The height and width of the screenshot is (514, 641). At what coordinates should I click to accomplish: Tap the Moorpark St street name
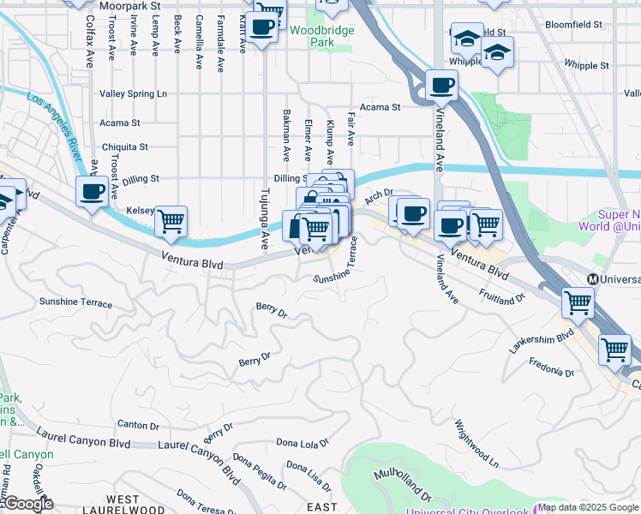(130, 5)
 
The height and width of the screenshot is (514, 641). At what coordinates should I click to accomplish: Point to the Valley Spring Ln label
(133, 93)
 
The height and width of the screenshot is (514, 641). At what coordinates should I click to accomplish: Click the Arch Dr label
(378, 197)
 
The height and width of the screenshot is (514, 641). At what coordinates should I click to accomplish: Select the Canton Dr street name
(138, 425)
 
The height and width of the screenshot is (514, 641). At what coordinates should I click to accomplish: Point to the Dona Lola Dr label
(303, 443)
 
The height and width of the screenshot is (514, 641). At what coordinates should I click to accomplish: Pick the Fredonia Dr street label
(552, 371)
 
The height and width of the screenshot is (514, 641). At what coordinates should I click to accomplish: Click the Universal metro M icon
(592, 279)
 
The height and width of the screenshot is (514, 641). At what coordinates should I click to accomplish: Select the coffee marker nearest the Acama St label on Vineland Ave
(442, 84)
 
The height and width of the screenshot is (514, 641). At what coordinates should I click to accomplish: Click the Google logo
(28, 504)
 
